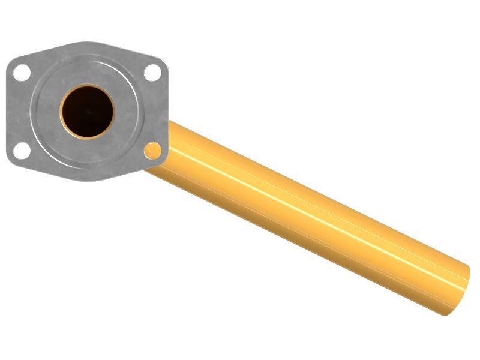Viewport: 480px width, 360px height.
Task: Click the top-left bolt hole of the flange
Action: (x=22, y=72)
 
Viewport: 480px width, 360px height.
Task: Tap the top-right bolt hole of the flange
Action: (x=153, y=73)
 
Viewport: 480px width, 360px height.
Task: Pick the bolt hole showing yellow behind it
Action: (x=153, y=149)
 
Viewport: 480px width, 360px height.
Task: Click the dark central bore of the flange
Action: (x=87, y=110)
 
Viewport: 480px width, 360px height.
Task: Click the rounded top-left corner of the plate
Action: (x=11, y=61)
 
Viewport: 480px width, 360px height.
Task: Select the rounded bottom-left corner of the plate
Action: (x=11, y=160)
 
